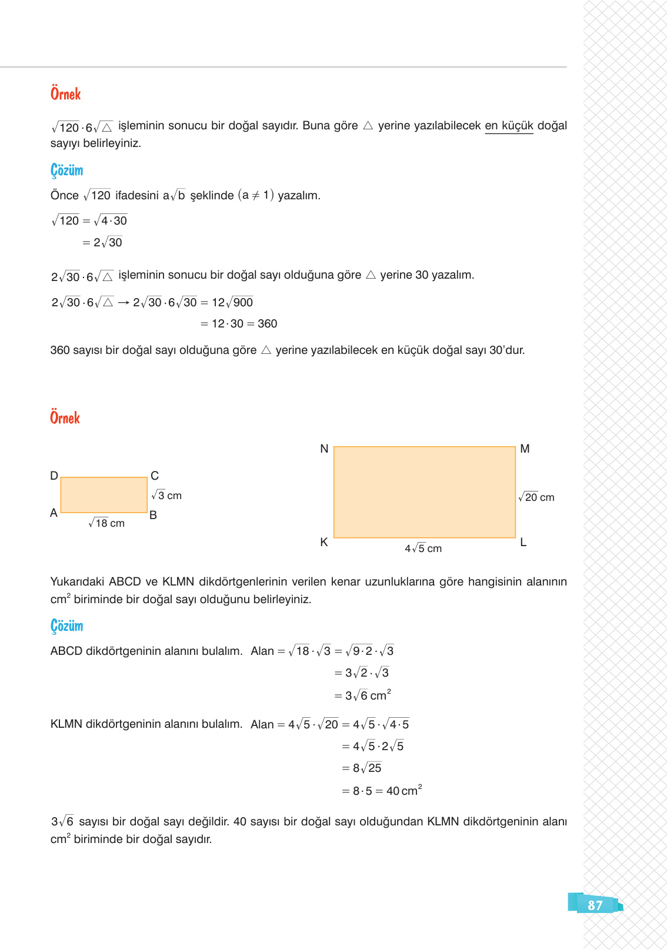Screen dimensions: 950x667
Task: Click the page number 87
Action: coord(595,905)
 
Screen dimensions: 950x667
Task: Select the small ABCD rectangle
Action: coord(104,495)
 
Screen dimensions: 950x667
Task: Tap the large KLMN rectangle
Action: coord(424,492)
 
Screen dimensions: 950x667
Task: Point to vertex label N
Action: coord(324,449)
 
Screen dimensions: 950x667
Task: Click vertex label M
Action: coord(525,449)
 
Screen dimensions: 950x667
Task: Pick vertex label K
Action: coord(324,542)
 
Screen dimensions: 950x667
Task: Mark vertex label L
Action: coord(523,542)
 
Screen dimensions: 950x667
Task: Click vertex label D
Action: coord(54,476)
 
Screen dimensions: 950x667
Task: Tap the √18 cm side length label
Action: coord(106,523)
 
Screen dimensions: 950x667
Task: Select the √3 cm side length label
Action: coord(166,496)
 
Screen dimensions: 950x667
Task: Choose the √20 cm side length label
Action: coord(536,497)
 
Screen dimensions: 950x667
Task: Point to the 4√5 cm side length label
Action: coord(423,548)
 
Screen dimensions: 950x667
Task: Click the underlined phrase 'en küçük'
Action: coord(509,126)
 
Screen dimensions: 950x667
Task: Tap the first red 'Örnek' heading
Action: coord(65,94)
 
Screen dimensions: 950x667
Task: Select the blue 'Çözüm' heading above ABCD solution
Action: coord(66,625)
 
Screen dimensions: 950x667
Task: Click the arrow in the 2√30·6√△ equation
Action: coord(123,303)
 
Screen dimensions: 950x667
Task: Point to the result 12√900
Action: coord(232,303)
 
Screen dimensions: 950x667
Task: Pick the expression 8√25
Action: coord(367,768)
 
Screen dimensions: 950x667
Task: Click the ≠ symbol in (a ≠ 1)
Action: coord(256,196)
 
